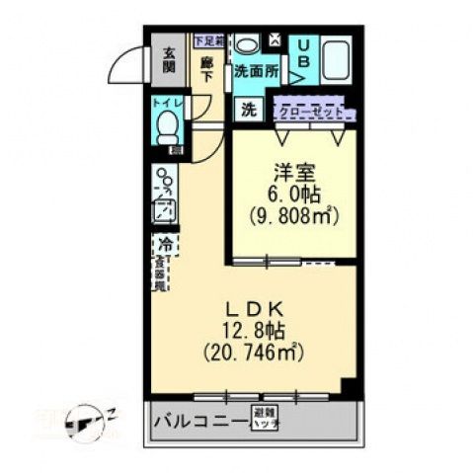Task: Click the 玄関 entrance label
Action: coord(169,62)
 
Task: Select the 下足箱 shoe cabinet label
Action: coord(207,40)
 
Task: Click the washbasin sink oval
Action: coord(246,44)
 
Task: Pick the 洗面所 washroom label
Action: coord(255,72)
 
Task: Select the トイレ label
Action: coord(166,103)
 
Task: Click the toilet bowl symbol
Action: coord(168,126)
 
